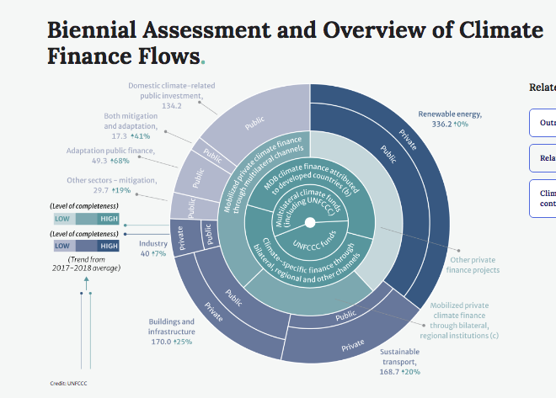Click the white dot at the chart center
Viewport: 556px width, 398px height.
click(x=310, y=222)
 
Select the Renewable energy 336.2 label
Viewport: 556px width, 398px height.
click(x=450, y=119)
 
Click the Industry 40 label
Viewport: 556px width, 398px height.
click(x=152, y=248)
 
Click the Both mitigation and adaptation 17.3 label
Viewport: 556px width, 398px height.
click(x=126, y=125)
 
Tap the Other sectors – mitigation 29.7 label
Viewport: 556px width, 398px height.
click(x=112, y=185)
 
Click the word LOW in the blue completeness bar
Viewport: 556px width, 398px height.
click(x=63, y=246)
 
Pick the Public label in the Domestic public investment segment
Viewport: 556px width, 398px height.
click(x=254, y=123)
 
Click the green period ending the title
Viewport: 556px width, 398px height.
click(x=202, y=61)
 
